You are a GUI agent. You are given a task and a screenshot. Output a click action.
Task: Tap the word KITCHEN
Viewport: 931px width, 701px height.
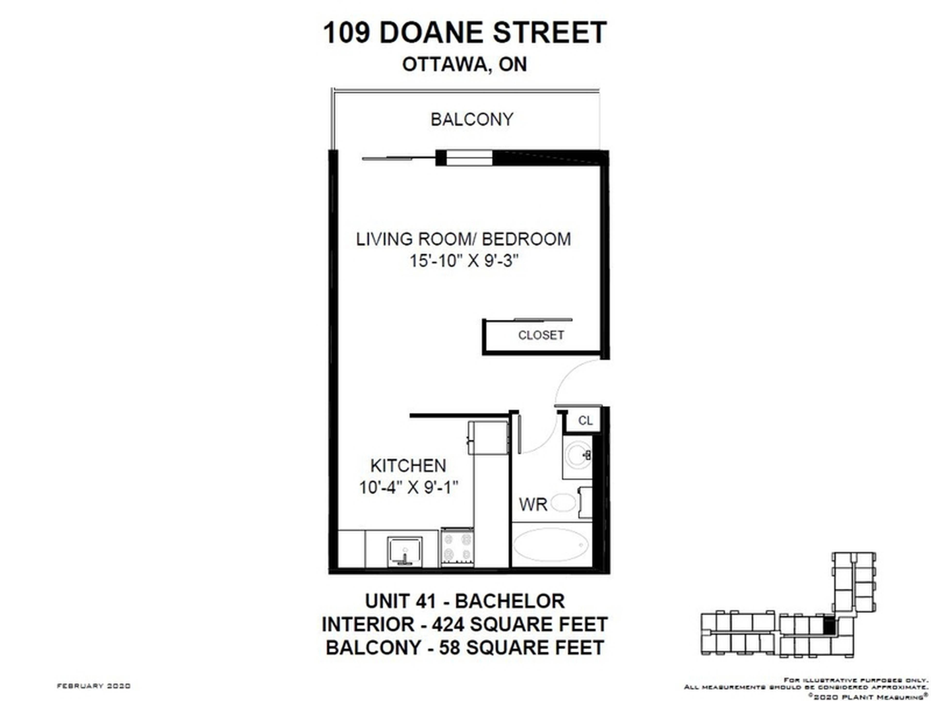[408, 466]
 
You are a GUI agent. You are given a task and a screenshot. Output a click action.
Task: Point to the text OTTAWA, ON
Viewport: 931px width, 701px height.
[464, 65]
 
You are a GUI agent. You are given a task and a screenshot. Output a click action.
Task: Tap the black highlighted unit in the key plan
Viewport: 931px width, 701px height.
[828, 626]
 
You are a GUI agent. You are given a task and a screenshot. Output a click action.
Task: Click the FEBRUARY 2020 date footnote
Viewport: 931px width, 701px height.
[93, 686]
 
